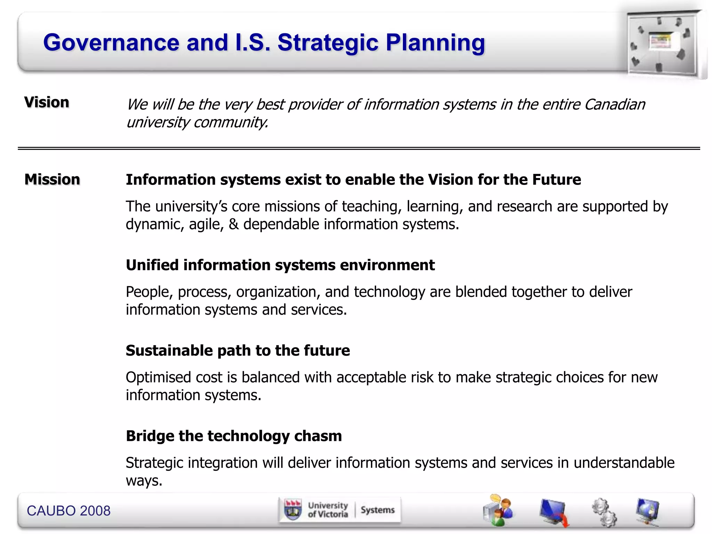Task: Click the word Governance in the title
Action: (x=111, y=43)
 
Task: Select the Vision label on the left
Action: (x=47, y=103)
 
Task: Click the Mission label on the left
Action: (x=52, y=180)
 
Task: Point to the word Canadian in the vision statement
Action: (x=614, y=104)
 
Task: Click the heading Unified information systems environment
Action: (x=280, y=265)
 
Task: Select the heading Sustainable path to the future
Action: (x=238, y=350)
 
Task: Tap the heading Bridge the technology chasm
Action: (x=234, y=436)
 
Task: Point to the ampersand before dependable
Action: (x=234, y=224)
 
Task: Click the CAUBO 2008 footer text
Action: (x=68, y=511)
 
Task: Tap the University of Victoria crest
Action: (x=293, y=510)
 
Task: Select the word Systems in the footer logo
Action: (x=378, y=510)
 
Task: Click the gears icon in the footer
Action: (x=604, y=512)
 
